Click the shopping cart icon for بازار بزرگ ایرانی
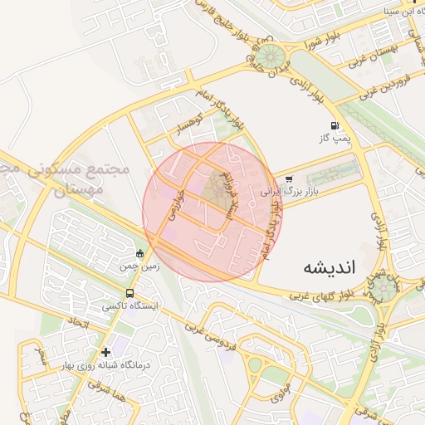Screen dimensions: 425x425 pyautogui.click(x=289, y=178)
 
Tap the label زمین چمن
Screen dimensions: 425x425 pyautogui.click(x=139, y=266)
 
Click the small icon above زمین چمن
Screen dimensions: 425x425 pyautogui.click(x=139, y=253)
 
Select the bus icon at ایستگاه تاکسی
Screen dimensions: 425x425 pyautogui.click(x=129, y=293)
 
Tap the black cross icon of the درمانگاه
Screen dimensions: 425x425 pyautogui.click(x=105, y=352)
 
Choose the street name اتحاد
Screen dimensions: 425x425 pyautogui.click(x=77, y=320)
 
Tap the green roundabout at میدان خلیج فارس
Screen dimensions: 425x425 pyautogui.click(x=268, y=56)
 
